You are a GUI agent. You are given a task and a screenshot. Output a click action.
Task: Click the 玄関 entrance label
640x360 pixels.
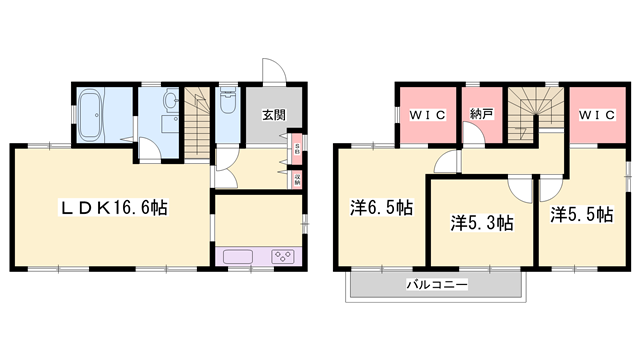[x=274, y=115]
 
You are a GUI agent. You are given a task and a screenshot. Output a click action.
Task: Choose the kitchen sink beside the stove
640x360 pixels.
[x=240, y=257]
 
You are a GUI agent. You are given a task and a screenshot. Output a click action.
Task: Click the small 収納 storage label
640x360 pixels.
[x=297, y=180]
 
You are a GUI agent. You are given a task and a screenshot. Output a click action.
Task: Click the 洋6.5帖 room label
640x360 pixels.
[x=381, y=209]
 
